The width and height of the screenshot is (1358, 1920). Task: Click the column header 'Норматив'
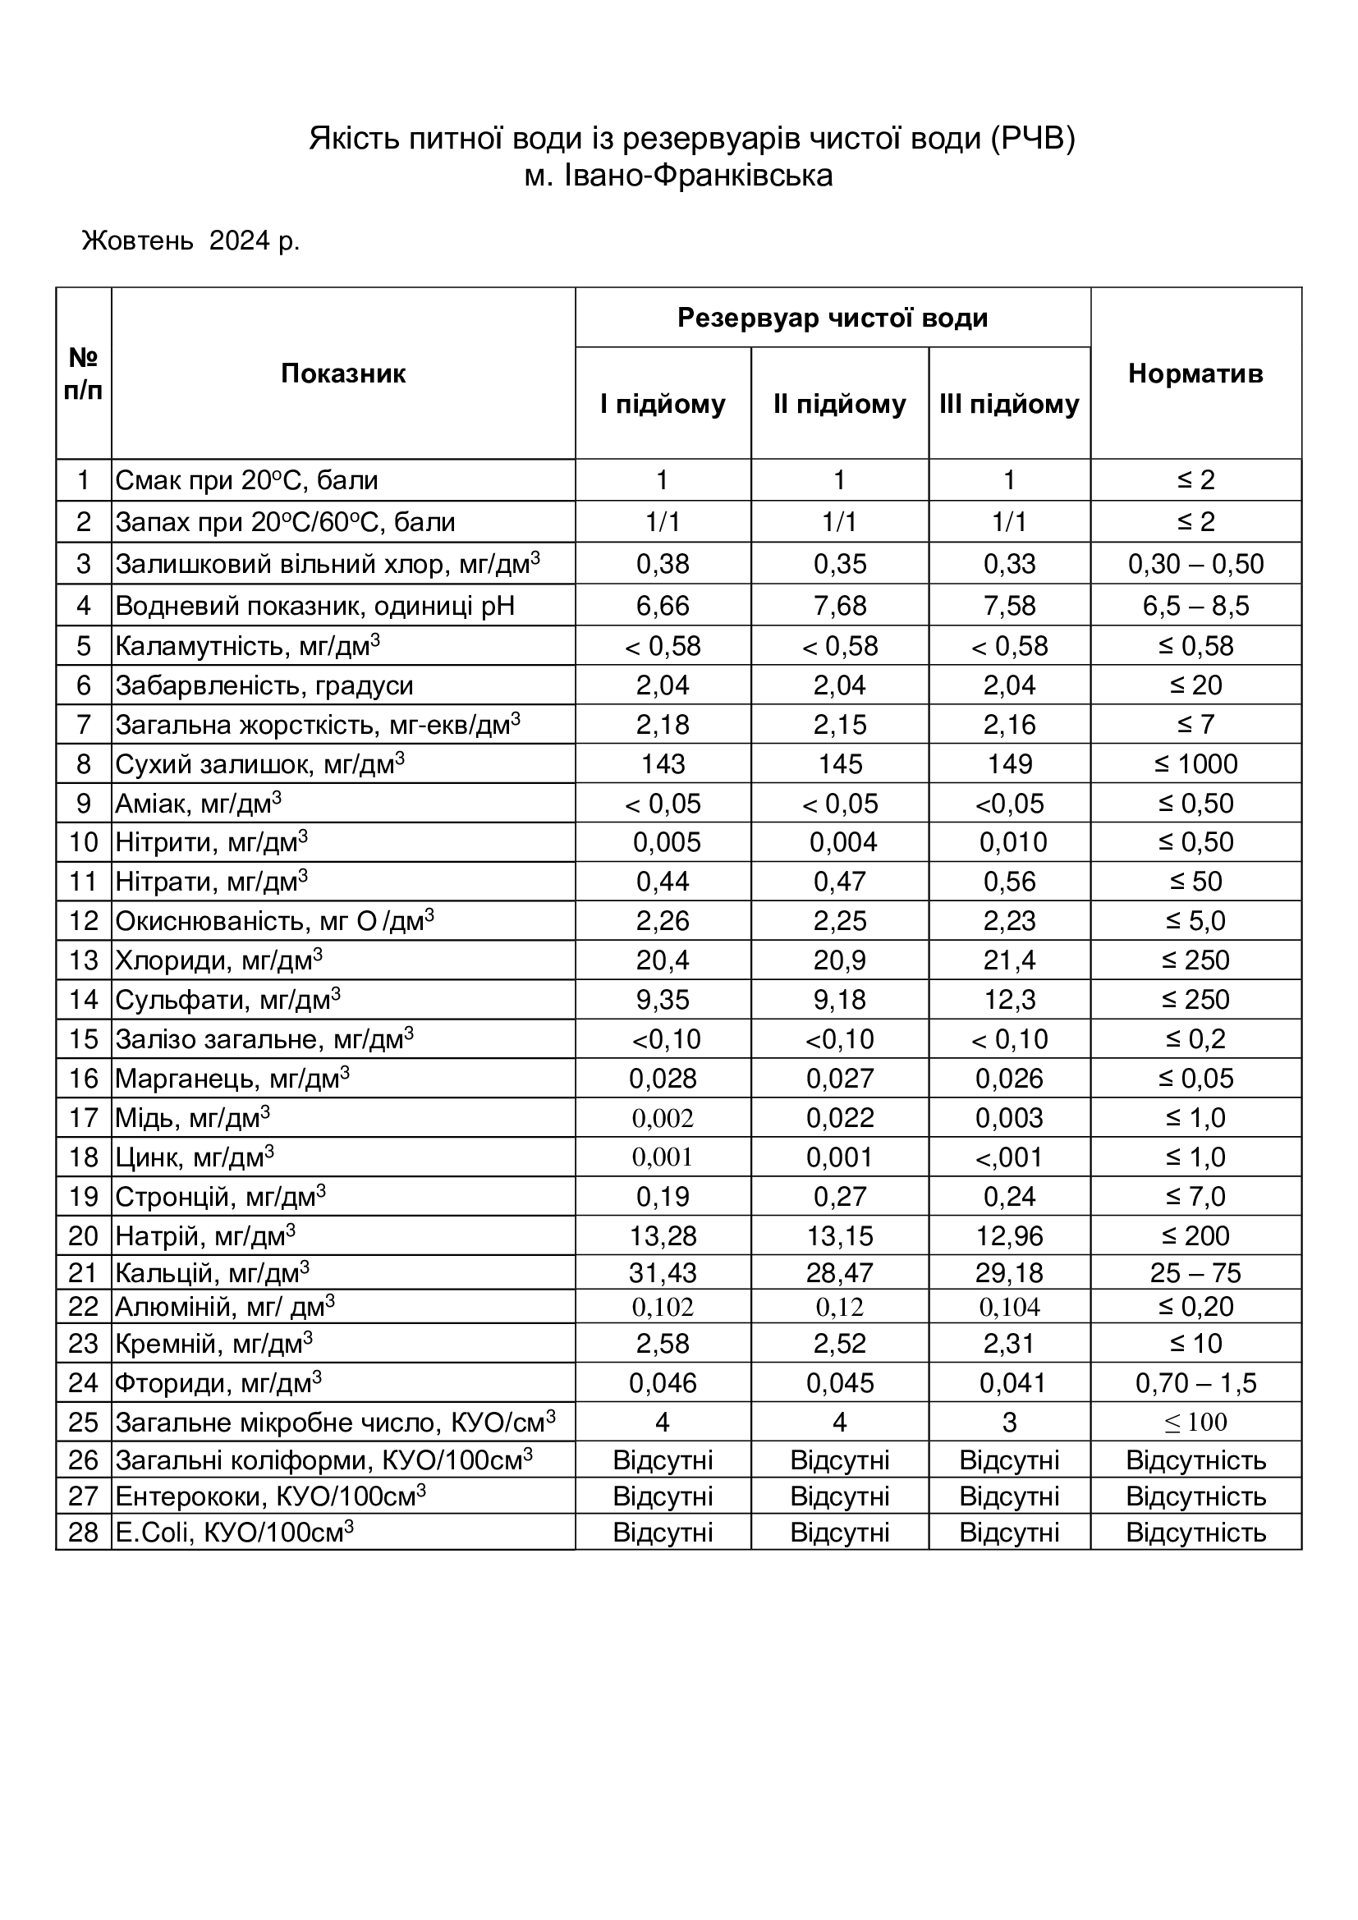tap(1195, 373)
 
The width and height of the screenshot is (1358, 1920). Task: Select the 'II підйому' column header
tap(840, 404)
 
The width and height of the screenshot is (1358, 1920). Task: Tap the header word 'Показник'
tap(343, 373)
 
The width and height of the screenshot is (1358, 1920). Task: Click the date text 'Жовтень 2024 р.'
tap(190, 241)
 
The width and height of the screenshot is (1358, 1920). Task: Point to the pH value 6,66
tap(663, 605)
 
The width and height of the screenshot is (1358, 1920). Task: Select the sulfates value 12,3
tap(1009, 999)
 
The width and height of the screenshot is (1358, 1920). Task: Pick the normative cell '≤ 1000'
tap(1195, 763)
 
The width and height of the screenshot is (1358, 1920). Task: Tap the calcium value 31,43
tap(663, 1273)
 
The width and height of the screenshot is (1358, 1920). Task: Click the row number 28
tap(84, 1532)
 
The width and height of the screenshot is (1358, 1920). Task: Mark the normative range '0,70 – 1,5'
tap(1195, 1383)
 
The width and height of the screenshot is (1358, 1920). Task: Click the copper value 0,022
tap(840, 1118)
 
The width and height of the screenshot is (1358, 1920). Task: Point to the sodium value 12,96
tap(1009, 1236)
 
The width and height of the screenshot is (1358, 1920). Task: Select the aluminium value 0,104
tap(1009, 1307)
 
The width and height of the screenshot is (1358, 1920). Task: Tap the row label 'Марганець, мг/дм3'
tap(232, 1079)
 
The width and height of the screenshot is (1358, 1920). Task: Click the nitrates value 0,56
tap(1009, 882)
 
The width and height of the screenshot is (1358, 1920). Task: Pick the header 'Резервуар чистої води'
tap(832, 318)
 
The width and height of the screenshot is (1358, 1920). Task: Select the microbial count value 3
tap(1009, 1423)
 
